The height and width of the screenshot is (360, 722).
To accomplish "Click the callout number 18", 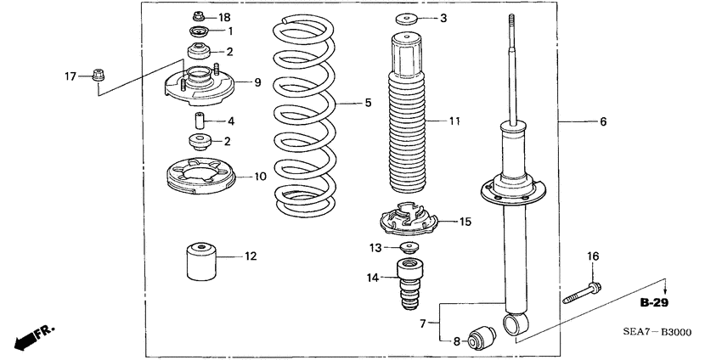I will point(224,18).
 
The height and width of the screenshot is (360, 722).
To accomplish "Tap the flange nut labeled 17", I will point(97,76).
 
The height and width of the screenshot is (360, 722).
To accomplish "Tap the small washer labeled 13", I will point(409,249).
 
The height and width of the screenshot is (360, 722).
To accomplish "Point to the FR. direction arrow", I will point(29,336).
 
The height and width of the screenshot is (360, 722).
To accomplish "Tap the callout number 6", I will point(603,122).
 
